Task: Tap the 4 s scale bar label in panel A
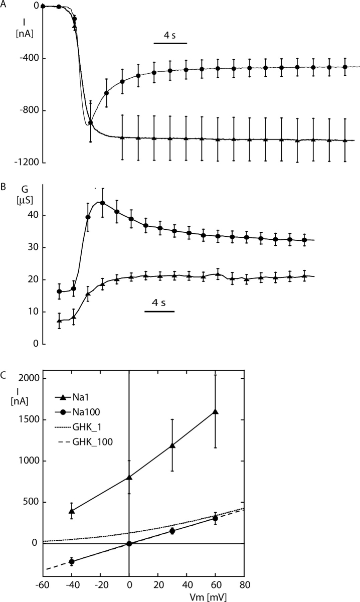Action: [170, 36]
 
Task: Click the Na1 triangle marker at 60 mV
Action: [216, 411]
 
